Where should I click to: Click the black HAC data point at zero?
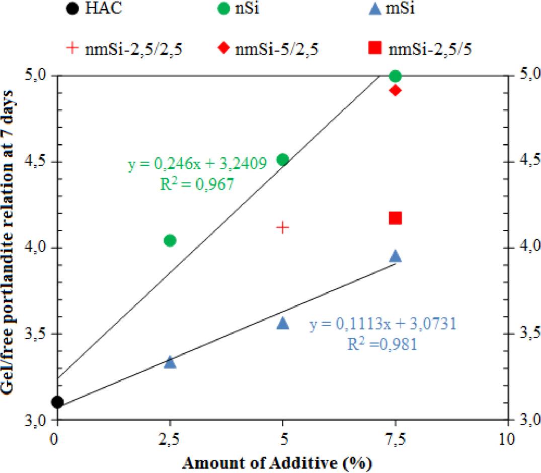click(57, 402)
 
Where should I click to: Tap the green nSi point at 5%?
click(283, 160)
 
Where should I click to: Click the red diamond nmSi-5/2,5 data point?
click(396, 91)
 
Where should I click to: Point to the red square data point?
click(396, 218)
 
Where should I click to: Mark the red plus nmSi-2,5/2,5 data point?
click(283, 227)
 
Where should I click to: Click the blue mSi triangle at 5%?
click(283, 323)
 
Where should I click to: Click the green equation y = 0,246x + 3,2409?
click(197, 165)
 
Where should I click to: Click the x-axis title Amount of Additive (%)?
click(280, 461)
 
